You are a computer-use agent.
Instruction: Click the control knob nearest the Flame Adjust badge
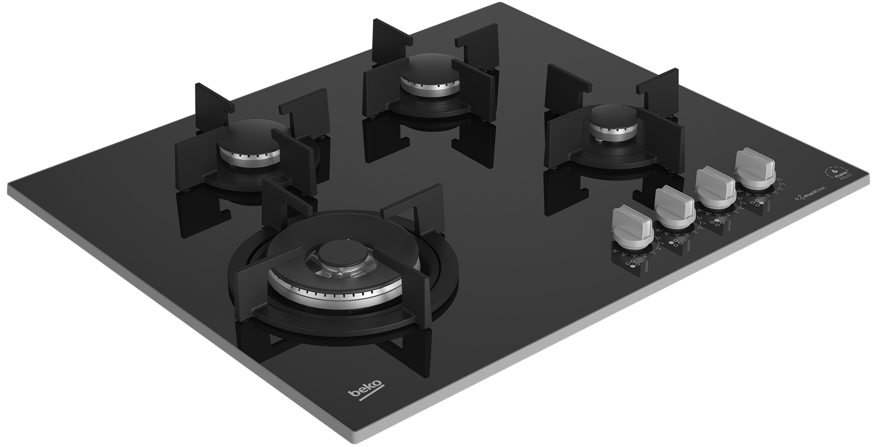tap(755, 167)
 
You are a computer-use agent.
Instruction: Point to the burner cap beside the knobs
tap(611, 118)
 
